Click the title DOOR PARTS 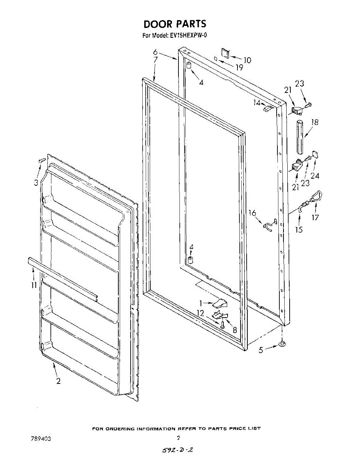click(x=175, y=24)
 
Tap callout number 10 click(x=247, y=60)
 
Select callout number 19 click(x=239, y=68)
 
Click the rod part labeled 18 click(x=300, y=136)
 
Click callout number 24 click(x=315, y=176)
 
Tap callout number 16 click(x=253, y=213)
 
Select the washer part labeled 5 click(x=282, y=344)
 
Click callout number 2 click(x=58, y=381)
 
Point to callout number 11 click(x=34, y=284)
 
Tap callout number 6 click(x=156, y=52)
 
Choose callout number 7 click(x=156, y=60)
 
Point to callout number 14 click(x=257, y=102)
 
